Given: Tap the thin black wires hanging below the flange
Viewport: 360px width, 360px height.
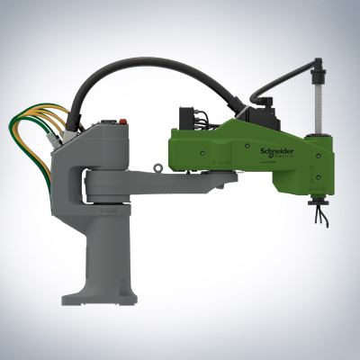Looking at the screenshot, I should point(317,211).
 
